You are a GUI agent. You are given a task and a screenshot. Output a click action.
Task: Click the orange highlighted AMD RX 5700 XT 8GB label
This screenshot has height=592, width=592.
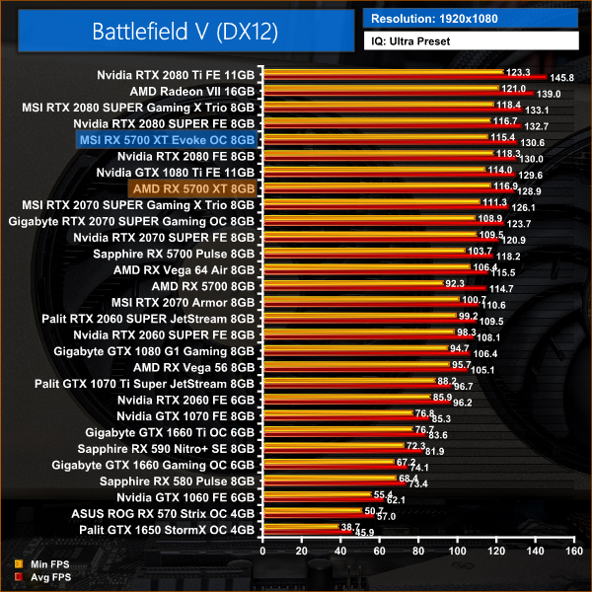[x=192, y=187]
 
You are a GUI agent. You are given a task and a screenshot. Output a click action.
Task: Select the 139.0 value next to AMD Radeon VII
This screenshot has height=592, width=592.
[x=549, y=94]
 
